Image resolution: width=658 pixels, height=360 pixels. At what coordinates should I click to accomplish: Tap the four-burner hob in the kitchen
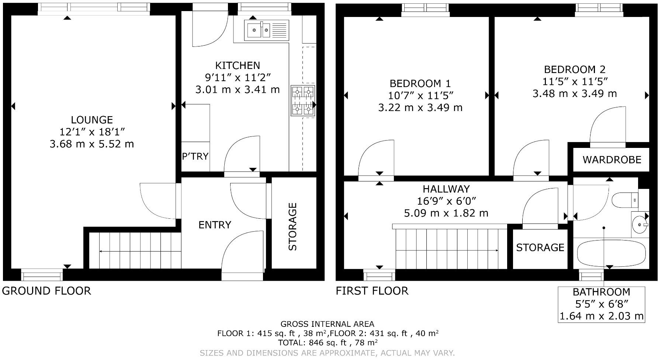pyautogui.click(x=303, y=100)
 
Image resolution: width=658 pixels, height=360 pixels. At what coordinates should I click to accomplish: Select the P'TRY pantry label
pyautogui.click(x=195, y=156)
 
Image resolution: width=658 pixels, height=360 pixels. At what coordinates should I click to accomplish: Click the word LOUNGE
pyautogui.click(x=92, y=120)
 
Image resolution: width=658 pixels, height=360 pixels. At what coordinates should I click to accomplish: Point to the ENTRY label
pyautogui.click(x=215, y=225)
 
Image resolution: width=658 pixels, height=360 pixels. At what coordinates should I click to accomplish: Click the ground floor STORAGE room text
pyautogui.click(x=292, y=226)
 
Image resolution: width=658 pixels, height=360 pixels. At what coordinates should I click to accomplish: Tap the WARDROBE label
pyautogui.click(x=612, y=160)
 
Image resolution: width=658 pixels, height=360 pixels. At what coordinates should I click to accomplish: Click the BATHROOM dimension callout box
pyautogui.click(x=601, y=304)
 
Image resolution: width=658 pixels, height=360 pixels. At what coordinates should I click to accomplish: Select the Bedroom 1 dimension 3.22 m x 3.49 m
pyautogui.click(x=420, y=108)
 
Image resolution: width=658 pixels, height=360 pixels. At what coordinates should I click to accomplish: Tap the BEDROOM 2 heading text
pyautogui.click(x=575, y=69)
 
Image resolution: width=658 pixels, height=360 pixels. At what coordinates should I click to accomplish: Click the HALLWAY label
pyautogui.click(x=446, y=189)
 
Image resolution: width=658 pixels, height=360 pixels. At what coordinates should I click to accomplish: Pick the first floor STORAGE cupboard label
pyautogui.click(x=540, y=247)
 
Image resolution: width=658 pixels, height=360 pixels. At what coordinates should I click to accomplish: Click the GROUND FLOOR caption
pyautogui.click(x=46, y=291)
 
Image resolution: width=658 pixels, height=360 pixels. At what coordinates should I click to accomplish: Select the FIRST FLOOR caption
pyautogui.click(x=372, y=291)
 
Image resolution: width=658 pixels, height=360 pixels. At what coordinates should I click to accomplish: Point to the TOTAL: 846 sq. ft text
pyautogui.click(x=328, y=342)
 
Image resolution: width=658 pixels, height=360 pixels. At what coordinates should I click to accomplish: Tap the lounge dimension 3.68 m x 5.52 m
pyautogui.click(x=92, y=144)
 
